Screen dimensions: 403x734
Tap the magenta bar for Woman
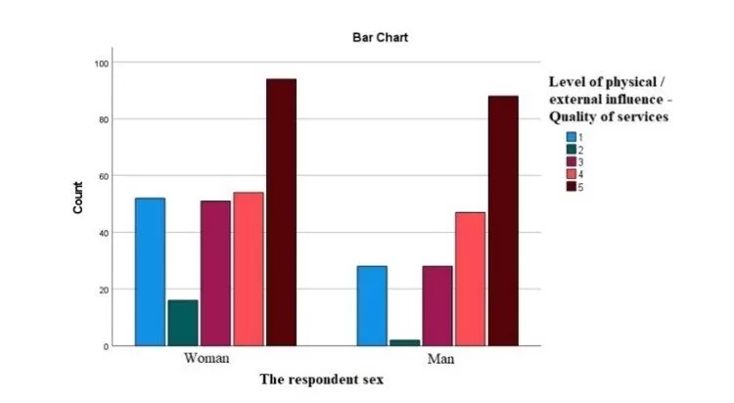(x=215, y=273)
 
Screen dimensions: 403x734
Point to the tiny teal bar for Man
(x=404, y=342)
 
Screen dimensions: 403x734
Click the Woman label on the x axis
(x=206, y=359)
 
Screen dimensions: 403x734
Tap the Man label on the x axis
(x=439, y=359)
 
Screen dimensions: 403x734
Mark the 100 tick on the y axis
(x=100, y=63)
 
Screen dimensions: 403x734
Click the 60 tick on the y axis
(x=102, y=176)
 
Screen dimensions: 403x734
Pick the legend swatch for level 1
(x=571, y=137)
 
